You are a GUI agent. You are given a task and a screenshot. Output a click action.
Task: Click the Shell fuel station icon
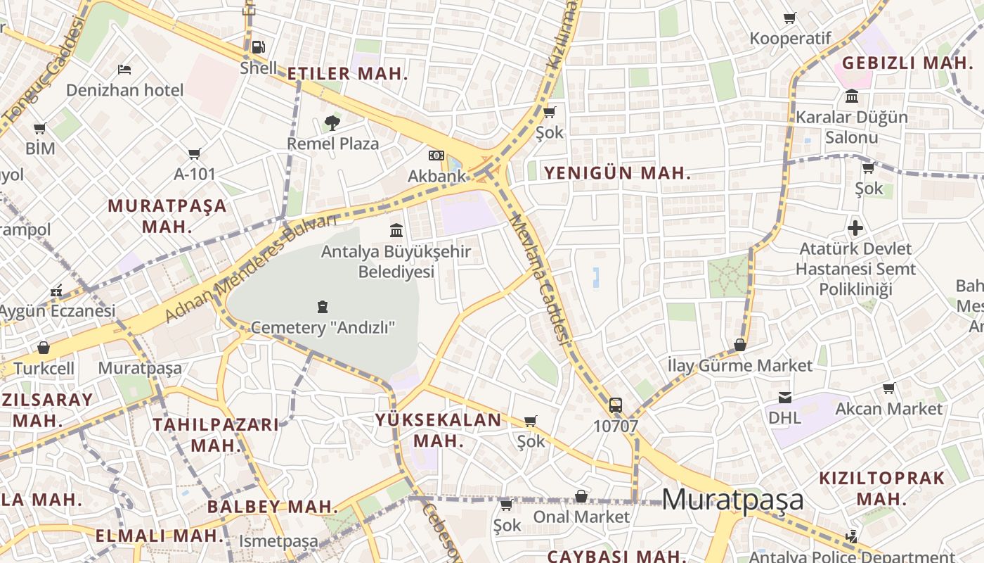pos(259,48)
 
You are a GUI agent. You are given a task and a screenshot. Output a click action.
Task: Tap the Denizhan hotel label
pos(124,90)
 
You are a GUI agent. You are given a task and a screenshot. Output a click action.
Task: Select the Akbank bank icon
pos(436,156)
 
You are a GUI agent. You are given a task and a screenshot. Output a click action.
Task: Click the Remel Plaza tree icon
pos(332,124)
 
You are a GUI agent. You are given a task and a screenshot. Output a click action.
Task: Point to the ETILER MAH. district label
pos(347,74)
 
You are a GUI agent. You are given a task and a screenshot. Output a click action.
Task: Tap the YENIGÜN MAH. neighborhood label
pos(617,173)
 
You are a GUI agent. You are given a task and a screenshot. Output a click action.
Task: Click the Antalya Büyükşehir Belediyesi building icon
pos(396,230)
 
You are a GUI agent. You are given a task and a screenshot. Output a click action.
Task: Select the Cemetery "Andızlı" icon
pos(323,307)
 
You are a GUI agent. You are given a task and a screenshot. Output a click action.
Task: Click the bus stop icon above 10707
pos(616,405)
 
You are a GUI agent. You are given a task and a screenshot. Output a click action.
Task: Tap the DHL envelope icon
pos(785,398)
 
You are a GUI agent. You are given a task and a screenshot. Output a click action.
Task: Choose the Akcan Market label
pos(888,409)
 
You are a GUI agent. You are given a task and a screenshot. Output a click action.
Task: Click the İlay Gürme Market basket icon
pos(740,345)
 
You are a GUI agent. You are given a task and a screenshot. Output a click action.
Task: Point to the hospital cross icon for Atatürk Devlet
pos(855,228)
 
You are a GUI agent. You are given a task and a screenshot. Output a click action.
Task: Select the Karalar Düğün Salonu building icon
pos(852,96)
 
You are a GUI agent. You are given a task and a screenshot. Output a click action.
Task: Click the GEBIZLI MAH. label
pos(907,63)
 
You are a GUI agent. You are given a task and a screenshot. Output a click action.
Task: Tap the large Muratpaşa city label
pos(732,499)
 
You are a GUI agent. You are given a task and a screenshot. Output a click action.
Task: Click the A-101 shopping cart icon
pos(195,153)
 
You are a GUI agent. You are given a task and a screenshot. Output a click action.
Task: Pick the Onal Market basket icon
pos(581,496)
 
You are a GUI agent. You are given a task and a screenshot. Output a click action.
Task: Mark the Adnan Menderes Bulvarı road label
pos(250,270)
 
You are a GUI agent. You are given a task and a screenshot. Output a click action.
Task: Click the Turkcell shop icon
pos(44,348)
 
